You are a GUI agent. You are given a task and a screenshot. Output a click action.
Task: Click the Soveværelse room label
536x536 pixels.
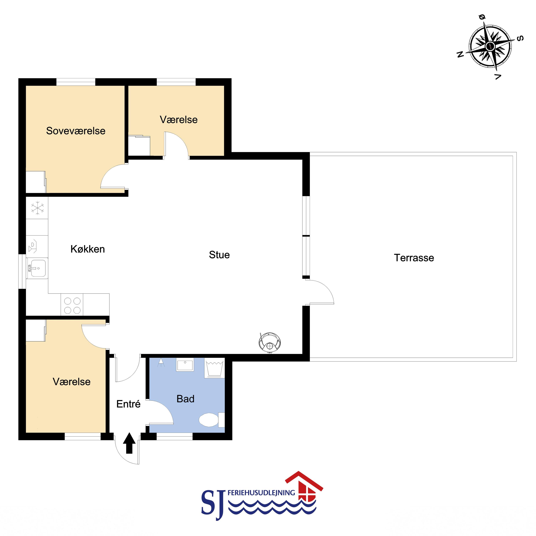76,131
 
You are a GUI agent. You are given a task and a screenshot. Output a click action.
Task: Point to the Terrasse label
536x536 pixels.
414,258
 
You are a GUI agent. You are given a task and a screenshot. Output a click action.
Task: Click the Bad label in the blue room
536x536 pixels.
185,399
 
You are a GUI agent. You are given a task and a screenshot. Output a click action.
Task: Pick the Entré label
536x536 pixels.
128,404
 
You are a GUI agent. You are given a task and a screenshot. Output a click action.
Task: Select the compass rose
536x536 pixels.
490,46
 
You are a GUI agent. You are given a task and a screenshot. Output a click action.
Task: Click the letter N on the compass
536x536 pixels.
460,54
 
